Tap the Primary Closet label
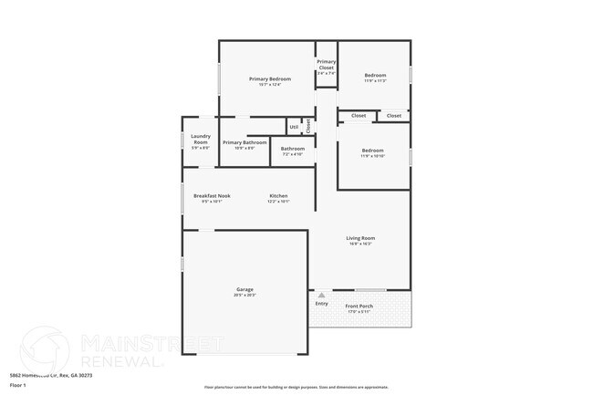(x=326, y=64)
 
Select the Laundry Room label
(x=201, y=140)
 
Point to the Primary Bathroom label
(x=244, y=142)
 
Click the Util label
(x=294, y=127)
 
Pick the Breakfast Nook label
(x=212, y=196)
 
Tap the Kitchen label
(x=278, y=196)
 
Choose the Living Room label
(x=360, y=238)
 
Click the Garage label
(x=244, y=290)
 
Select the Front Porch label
(x=359, y=306)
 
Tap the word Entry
(x=321, y=303)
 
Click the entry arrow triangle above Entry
(x=321, y=295)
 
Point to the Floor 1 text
(x=18, y=386)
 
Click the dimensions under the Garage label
(x=244, y=296)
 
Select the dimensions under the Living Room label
(x=360, y=244)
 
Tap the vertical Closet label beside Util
(x=308, y=125)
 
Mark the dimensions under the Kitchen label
(x=278, y=202)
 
